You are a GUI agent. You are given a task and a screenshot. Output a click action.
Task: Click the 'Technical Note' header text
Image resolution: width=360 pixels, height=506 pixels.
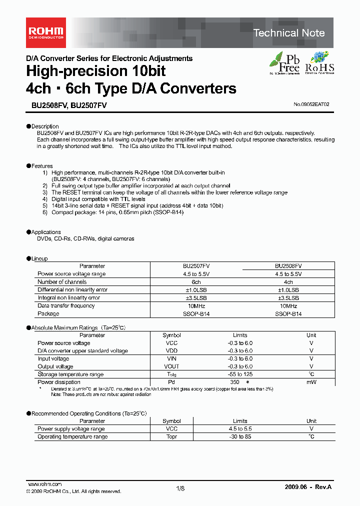[x=289, y=33]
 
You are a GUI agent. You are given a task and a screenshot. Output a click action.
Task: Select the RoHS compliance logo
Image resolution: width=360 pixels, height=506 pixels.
[x=319, y=63]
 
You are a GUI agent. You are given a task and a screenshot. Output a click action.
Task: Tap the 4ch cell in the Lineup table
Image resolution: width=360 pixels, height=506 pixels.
[x=288, y=282]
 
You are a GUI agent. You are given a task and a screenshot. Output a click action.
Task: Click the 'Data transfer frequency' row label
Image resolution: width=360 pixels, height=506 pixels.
[x=66, y=305]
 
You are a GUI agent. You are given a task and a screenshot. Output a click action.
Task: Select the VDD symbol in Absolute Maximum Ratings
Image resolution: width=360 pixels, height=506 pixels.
[x=171, y=351]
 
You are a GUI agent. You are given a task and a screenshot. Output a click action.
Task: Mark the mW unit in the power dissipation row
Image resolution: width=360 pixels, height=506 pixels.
[x=311, y=382]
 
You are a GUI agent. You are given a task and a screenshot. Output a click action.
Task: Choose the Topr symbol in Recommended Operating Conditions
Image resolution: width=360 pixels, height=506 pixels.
[x=171, y=436]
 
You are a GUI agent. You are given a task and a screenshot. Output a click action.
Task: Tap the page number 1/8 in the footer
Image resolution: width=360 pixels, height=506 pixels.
[x=180, y=488]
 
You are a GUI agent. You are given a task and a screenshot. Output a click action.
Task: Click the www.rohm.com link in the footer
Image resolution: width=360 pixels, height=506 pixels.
[x=44, y=484]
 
